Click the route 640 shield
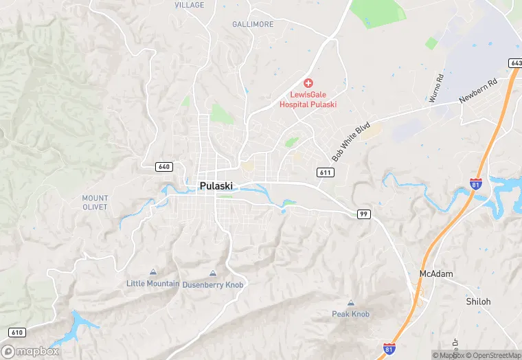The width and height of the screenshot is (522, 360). point(163,167)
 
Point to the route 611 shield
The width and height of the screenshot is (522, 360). point(326,172)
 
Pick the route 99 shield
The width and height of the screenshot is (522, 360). point(364,214)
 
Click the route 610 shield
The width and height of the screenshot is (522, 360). point(17,333)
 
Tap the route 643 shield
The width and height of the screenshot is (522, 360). point(515,63)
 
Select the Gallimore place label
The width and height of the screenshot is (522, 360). point(253,24)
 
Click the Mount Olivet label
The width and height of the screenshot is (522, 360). point(95,202)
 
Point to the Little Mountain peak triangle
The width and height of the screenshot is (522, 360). point(152,272)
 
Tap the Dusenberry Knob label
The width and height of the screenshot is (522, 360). point(213,284)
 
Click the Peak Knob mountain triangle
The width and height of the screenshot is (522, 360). point(351,303)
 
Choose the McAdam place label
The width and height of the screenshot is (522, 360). point(436,273)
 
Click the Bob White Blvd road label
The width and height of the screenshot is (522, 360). point(351,142)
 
